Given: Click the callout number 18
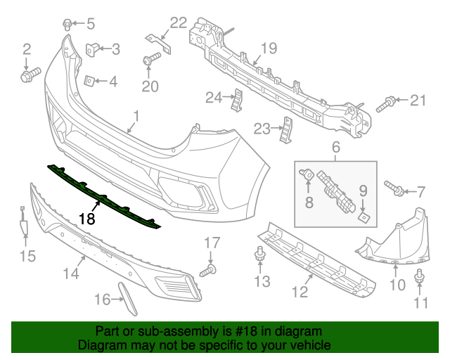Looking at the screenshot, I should pyautogui.click(x=86, y=219).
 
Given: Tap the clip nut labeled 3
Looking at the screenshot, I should pyautogui.click(x=92, y=49).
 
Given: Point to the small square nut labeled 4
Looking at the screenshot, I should pyautogui.click(x=89, y=81).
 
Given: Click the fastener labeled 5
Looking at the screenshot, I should pyautogui.click(x=67, y=23).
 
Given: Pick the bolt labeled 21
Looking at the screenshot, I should pyautogui.click(x=384, y=105).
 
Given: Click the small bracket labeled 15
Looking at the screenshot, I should pyautogui.click(x=22, y=226).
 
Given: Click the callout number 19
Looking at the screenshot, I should pyautogui.click(x=270, y=48).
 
